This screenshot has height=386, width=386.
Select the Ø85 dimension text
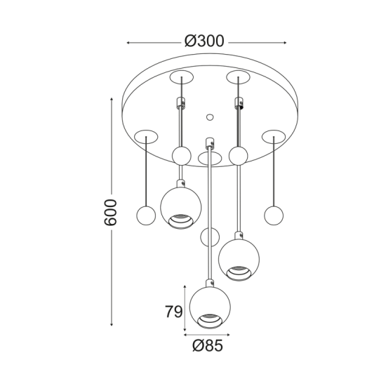point(208,345)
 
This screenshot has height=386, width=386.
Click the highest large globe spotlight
point(181,206)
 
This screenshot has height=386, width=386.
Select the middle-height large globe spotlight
point(239,258)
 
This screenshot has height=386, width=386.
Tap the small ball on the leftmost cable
point(145,215)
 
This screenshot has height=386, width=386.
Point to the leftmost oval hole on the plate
point(147,135)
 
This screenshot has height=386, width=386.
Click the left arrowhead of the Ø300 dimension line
point(128,43)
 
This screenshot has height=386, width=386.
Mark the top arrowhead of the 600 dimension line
point(111,100)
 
